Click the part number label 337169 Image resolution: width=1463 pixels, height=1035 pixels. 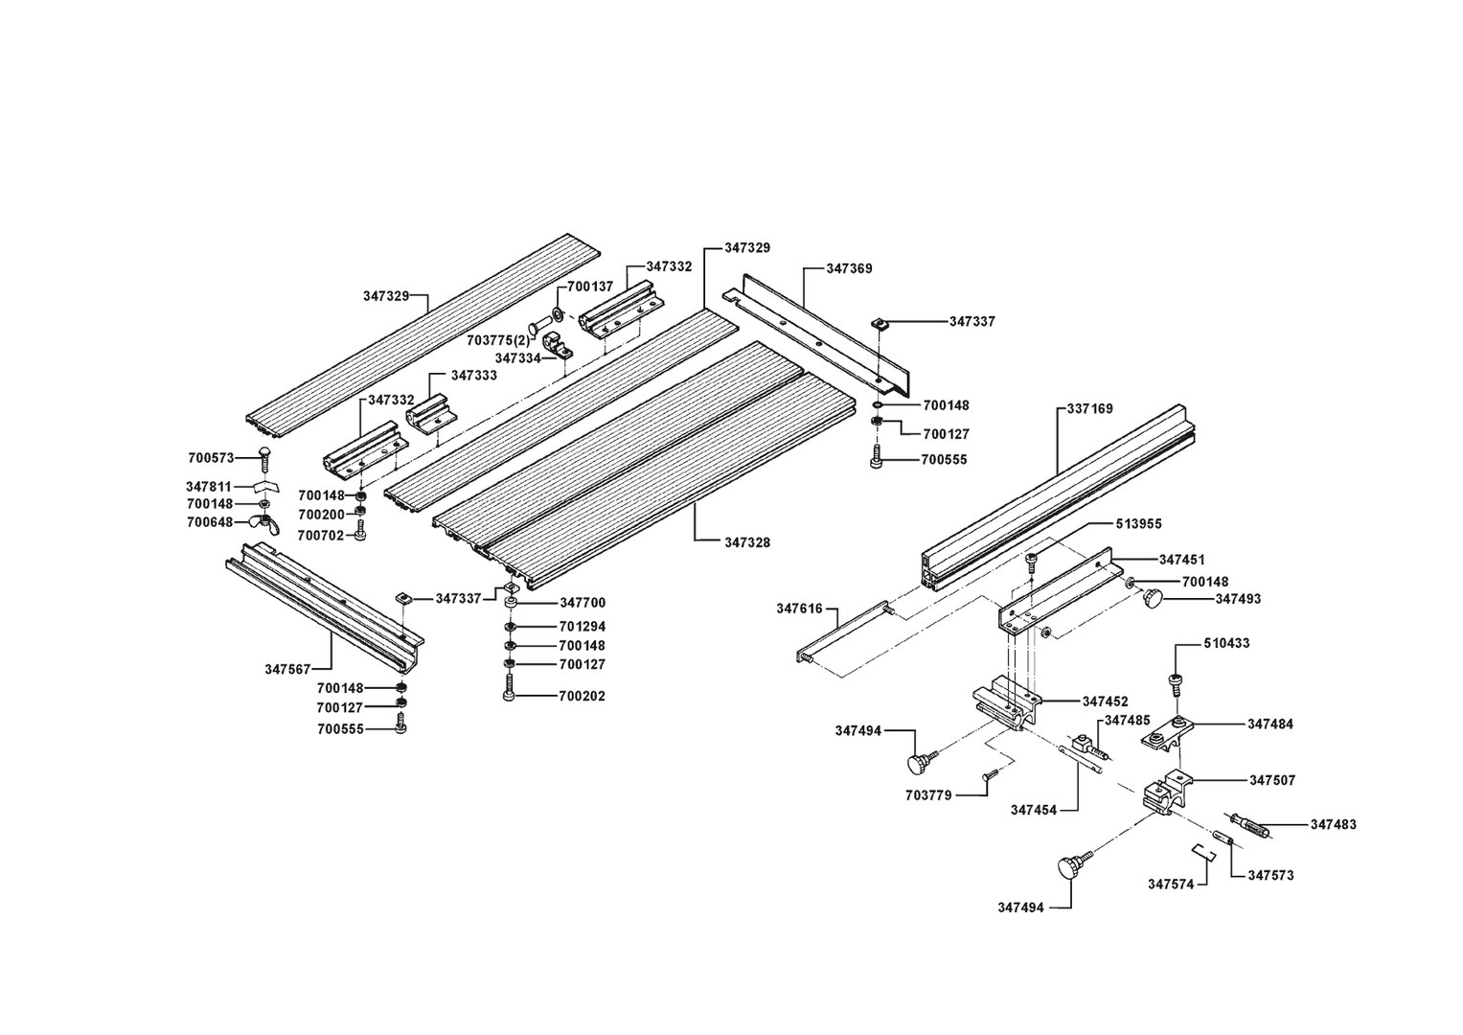click(1090, 409)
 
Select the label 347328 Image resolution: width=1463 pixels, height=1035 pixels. click(747, 542)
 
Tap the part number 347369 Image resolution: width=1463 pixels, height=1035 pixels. click(850, 269)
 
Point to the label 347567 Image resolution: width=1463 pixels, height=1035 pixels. click(287, 669)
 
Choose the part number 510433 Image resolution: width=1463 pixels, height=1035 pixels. click(1227, 643)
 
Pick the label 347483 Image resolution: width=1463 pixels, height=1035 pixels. click(1334, 824)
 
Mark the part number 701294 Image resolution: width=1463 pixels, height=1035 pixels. click(582, 627)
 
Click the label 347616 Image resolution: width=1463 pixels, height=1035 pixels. click(799, 608)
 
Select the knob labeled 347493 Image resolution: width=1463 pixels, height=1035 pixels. click(1151, 599)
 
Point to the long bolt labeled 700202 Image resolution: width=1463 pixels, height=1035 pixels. click(509, 688)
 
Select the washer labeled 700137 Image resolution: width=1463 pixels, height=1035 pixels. click(558, 315)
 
